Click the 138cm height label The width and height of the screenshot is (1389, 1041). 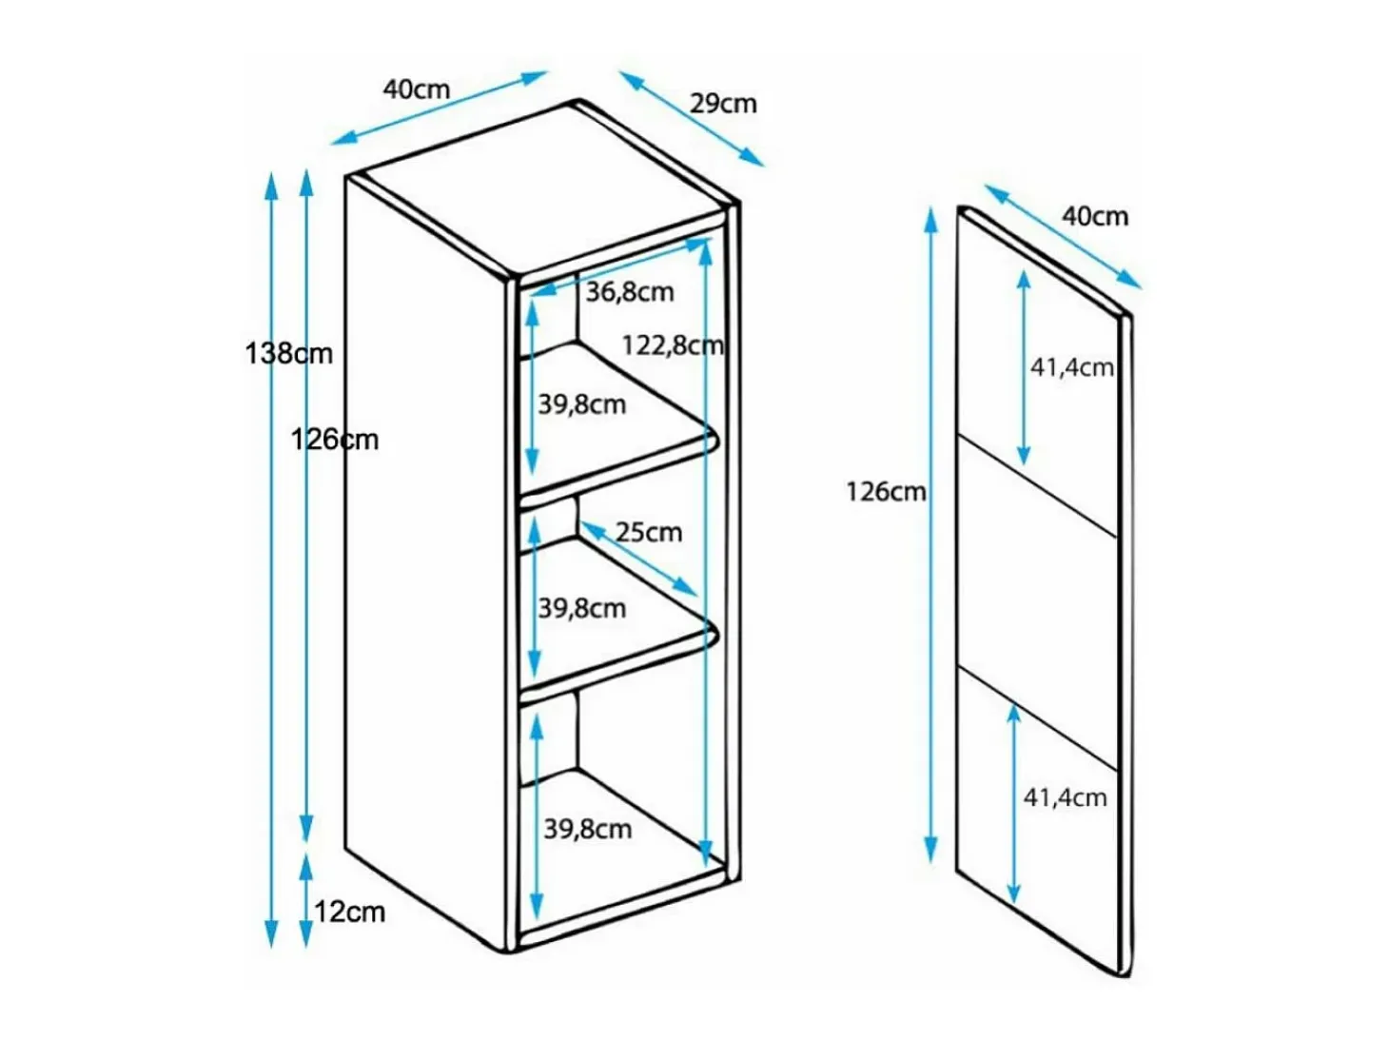tap(288, 353)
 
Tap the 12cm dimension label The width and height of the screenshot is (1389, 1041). tap(349, 912)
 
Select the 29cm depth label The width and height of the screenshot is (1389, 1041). tap(723, 104)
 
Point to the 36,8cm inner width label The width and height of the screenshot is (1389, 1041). tap(630, 292)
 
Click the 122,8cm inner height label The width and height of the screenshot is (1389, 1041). tap(673, 344)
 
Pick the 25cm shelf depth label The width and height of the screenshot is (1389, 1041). tap(649, 532)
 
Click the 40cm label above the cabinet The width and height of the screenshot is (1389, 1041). tap(417, 89)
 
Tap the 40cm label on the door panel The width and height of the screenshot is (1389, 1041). tap(1095, 216)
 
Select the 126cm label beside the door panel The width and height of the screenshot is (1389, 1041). tap(886, 492)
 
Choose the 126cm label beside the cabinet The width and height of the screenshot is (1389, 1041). tap(335, 440)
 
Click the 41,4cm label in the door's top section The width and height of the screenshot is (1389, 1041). tap(1072, 367)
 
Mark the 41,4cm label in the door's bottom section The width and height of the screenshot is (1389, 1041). tap(1065, 798)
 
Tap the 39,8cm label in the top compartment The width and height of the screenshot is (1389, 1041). tap(582, 404)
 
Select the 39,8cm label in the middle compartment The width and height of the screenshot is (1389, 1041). tap(582, 608)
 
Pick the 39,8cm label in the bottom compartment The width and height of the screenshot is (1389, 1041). tap(588, 829)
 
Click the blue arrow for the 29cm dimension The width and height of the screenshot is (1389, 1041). tap(692, 119)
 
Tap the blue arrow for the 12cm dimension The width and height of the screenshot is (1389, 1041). tap(306, 901)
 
